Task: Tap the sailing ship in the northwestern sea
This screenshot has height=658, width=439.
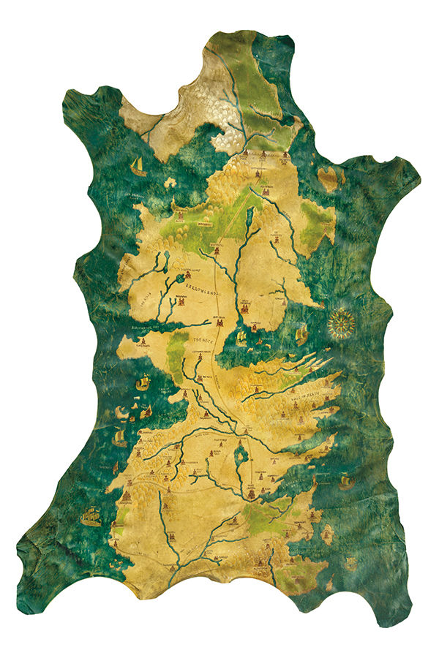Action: pos(137,167)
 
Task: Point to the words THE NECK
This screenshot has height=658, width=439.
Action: pos(202,341)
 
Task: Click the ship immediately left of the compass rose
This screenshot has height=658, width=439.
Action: pos(301,334)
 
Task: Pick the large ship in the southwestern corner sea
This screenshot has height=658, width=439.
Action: pos(91,516)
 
